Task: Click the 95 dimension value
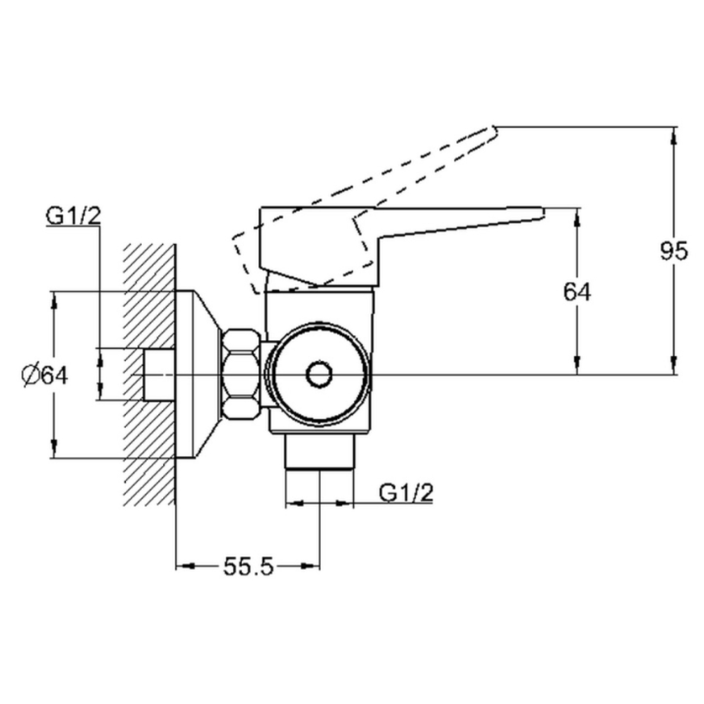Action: pyautogui.click(x=674, y=251)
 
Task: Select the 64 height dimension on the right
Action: pyautogui.click(x=577, y=292)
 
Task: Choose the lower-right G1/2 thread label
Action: pyautogui.click(x=406, y=493)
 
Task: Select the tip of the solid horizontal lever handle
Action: pyautogui.click(x=544, y=213)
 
